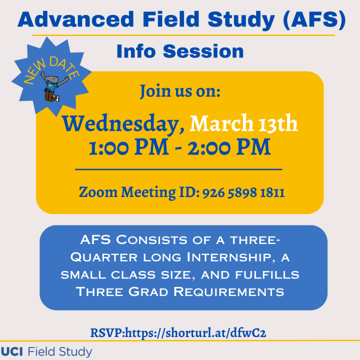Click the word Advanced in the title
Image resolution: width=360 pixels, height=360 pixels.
click(x=76, y=19)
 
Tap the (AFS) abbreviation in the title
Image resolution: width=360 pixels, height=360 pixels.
click(x=314, y=20)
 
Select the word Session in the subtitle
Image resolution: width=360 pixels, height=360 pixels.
click(x=203, y=51)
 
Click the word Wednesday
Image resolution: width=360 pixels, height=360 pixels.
click(x=123, y=124)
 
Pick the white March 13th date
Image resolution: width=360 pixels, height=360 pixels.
click(x=243, y=123)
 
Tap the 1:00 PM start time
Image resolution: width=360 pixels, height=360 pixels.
click(x=129, y=147)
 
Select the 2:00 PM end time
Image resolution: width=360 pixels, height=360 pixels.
click(x=229, y=147)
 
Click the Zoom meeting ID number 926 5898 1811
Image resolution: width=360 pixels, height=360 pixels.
click(x=243, y=192)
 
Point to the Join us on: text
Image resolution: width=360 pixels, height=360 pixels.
click(x=180, y=91)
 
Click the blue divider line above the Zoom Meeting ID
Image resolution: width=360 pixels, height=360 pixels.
click(x=178, y=169)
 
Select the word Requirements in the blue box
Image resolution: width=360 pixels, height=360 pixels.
click(x=228, y=292)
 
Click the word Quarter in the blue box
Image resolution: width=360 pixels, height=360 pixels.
click(x=104, y=257)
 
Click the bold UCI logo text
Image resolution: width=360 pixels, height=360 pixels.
click(x=12, y=351)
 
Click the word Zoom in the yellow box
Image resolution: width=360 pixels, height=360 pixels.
click(x=98, y=192)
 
